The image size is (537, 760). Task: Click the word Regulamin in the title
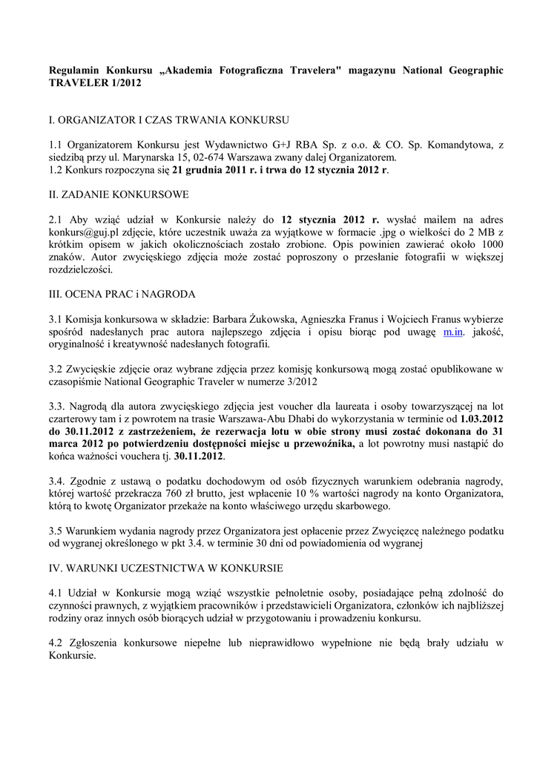(75, 71)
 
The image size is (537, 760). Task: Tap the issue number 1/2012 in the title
(122, 84)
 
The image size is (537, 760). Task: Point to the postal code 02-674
(265, 157)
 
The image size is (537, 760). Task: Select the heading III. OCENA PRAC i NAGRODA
(122, 294)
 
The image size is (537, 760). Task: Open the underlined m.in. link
(453, 332)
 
